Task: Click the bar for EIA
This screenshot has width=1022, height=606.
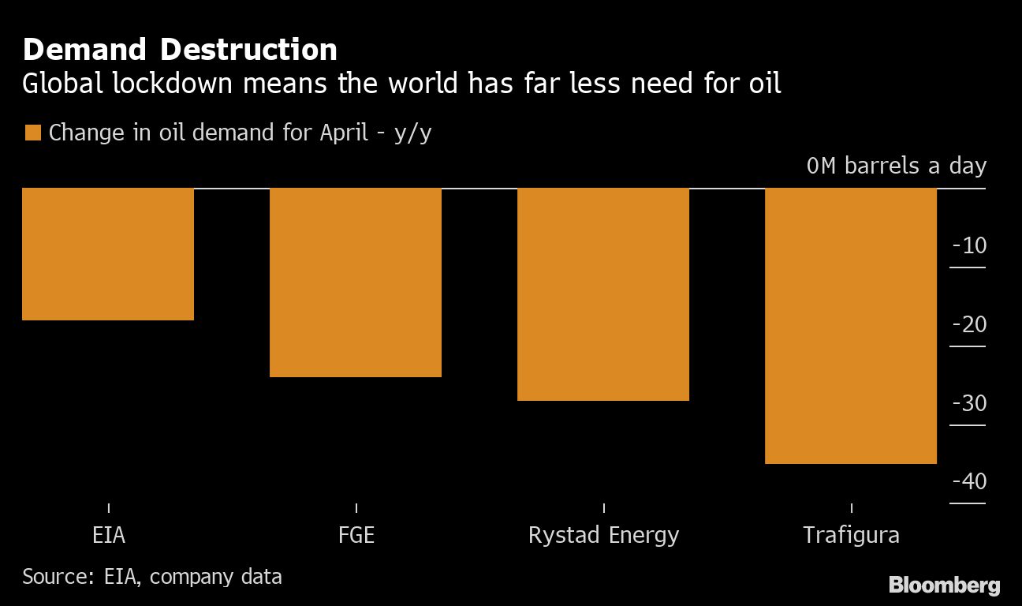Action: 108,254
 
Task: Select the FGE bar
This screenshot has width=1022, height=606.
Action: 356,282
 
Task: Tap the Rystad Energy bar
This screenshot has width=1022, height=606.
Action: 603,294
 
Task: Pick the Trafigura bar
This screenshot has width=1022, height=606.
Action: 851,326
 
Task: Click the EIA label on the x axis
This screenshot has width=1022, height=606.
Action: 109,535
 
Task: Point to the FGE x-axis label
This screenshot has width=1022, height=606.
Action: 356,535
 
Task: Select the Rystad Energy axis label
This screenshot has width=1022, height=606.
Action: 603,535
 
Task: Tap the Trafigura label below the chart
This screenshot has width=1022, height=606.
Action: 851,535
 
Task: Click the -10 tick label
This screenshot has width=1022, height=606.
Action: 969,245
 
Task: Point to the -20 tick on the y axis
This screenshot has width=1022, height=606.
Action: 969,324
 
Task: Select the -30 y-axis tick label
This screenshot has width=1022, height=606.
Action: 969,403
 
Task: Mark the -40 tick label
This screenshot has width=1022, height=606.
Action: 969,481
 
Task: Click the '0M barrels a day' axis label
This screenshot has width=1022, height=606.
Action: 896,166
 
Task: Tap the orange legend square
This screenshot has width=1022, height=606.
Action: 32,133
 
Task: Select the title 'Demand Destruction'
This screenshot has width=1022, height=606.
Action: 180,50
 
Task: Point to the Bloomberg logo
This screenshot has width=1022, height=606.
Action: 944,585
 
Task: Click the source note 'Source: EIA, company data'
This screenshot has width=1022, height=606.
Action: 152,576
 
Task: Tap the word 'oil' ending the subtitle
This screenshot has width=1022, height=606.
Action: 764,83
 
